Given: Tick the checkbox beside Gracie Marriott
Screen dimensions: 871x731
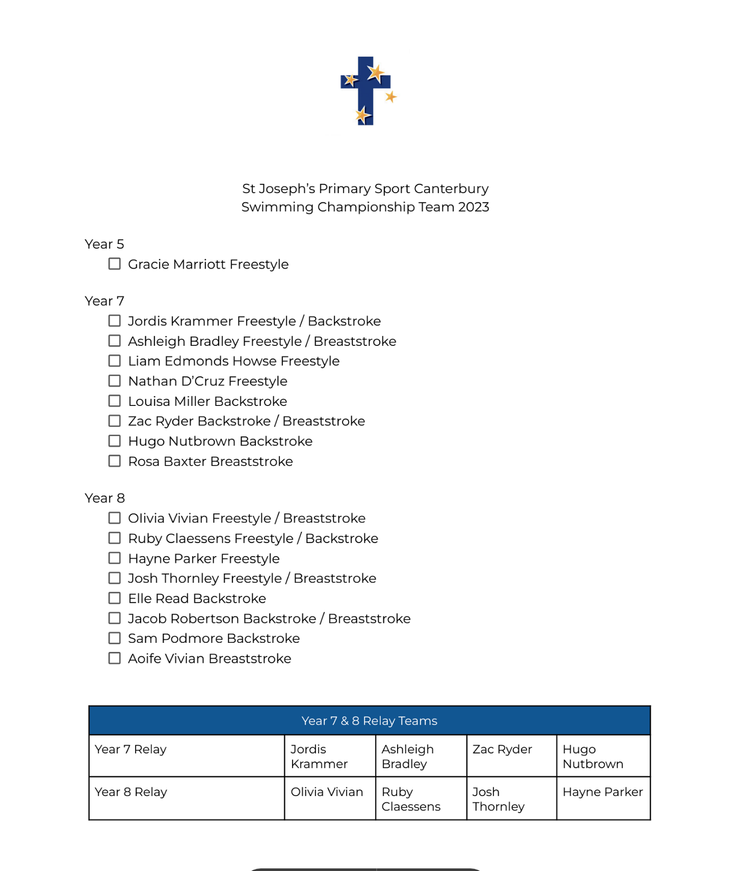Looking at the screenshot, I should pos(114,264).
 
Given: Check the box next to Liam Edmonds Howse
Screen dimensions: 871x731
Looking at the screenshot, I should pos(114,361).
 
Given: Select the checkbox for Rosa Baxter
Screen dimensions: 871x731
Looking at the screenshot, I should pos(114,461).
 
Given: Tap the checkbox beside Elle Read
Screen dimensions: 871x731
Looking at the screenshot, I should pos(114,598).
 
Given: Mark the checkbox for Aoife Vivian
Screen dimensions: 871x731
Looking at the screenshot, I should pos(114,658).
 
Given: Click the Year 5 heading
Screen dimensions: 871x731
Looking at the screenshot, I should pos(104,244).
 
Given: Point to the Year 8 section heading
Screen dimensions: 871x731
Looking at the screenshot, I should pos(105,498).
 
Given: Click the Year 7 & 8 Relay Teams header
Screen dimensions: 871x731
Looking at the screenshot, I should pos(369,721).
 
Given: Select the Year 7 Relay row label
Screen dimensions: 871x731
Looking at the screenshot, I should pos(131,749).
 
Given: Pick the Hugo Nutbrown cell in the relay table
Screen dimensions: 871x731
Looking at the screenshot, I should pos(593,756).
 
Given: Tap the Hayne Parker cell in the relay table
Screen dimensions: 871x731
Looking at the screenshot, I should pos(602,792).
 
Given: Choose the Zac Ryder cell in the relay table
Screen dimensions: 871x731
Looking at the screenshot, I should pos(502,749).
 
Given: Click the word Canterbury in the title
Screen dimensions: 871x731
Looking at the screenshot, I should pos(451,189).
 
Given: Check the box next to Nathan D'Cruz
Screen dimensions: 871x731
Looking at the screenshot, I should pos(114,381).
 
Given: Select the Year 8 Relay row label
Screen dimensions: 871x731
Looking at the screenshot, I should pos(131,792).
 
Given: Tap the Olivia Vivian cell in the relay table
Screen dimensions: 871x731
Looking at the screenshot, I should pos(326,792).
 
